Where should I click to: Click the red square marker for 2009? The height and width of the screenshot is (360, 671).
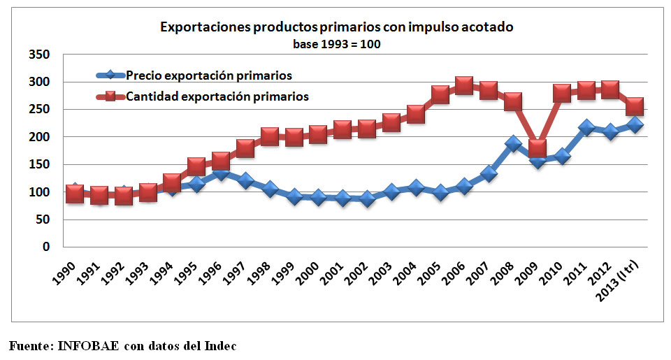[537, 147]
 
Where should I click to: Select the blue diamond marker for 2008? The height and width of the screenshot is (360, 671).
[513, 143]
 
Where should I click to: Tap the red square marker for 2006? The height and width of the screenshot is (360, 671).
[464, 86]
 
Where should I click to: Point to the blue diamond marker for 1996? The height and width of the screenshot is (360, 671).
[220, 172]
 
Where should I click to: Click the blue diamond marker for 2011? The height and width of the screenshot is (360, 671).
[586, 128]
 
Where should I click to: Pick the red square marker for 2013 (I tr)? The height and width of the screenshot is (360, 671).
[635, 106]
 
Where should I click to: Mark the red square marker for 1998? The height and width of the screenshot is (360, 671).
[269, 136]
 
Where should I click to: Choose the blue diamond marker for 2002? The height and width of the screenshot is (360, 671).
[367, 199]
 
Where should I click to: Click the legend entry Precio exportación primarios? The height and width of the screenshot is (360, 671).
[208, 75]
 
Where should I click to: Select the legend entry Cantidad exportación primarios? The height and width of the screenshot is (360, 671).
[217, 96]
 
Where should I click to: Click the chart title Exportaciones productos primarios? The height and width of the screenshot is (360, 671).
[337, 28]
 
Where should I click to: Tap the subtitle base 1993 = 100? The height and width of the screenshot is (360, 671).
[337, 43]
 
